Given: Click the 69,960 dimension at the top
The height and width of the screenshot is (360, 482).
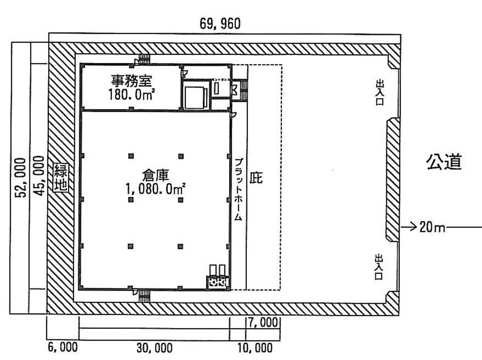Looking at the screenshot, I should coord(220,24).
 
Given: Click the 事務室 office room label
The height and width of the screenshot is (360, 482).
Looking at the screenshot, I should coord(131,81).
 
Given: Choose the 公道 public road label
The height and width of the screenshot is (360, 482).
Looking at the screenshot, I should coord(443,162).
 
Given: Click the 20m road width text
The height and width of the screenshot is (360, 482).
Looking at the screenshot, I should coord(433,227).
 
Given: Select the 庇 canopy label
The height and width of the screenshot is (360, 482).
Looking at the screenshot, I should coord(256,178).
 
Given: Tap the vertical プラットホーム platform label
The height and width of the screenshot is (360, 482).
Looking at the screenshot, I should coord(238,188).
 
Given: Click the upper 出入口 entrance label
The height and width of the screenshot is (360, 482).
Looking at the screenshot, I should coord(379,92).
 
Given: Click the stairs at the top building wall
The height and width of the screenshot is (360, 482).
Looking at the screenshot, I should coord(144,59).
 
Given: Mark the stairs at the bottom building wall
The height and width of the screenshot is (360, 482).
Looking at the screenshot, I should coord(144,296).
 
